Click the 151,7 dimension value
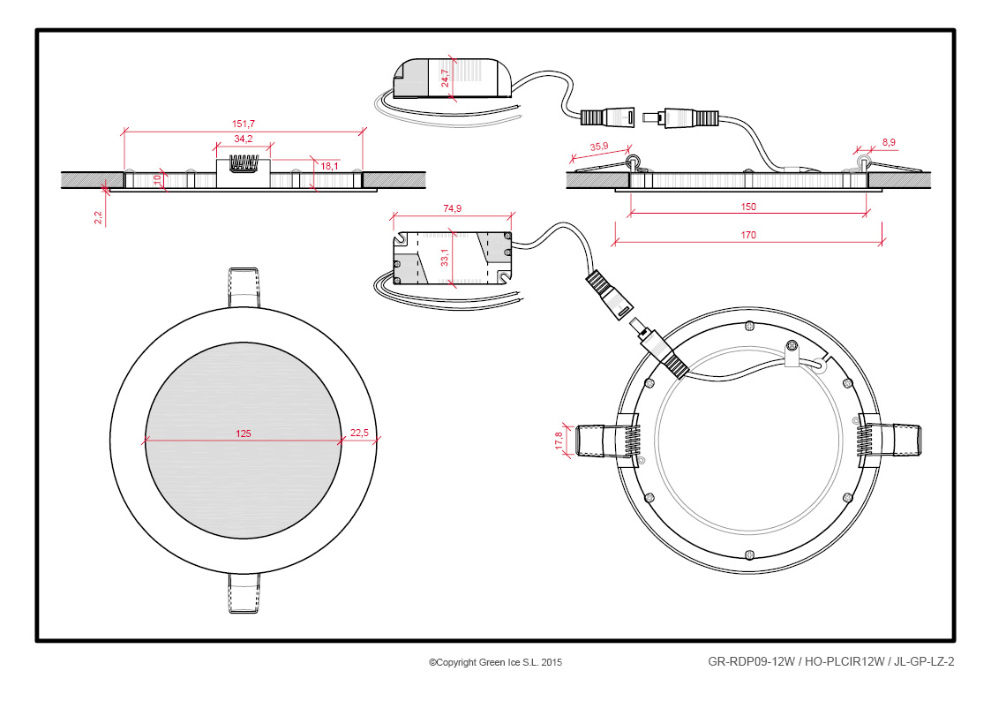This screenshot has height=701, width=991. [x=244, y=124]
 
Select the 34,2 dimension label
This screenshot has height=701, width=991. [x=244, y=139]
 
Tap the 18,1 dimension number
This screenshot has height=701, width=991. [x=328, y=166]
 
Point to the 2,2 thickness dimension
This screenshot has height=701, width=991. [x=98, y=215]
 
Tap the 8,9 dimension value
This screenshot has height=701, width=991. [x=889, y=142]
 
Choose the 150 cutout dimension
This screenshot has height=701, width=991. [x=748, y=207]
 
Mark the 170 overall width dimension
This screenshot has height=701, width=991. [x=748, y=235]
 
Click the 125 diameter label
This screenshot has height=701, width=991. [x=244, y=433]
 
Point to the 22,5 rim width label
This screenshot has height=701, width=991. [x=359, y=433]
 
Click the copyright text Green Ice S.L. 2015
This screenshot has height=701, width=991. [x=495, y=661]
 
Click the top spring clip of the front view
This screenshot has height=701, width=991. [x=244, y=286]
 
